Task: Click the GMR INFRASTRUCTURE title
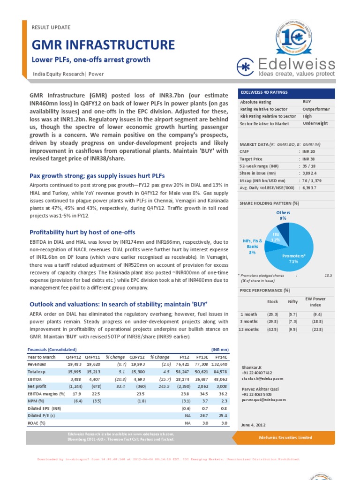(103, 45)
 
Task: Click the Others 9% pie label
(283, 215)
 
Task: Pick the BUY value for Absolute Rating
(307, 102)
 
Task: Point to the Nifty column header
(292, 302)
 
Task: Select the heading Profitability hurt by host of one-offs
(82, 232)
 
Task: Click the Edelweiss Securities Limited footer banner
(285, 437)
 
